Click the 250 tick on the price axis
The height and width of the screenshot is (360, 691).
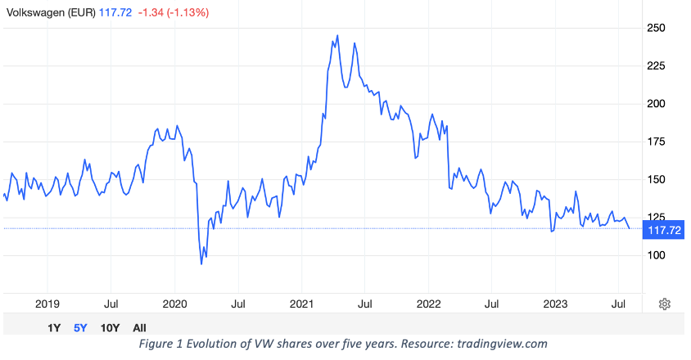(x=657, y=28)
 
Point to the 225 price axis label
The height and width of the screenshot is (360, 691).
(x=657, y=66)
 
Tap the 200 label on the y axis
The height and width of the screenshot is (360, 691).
(x=657, y=104)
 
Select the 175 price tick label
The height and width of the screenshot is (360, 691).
(x=657, y=142)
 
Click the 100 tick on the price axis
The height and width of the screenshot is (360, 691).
(x=657, y=255)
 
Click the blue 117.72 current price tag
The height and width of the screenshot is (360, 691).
(x=664, y=231)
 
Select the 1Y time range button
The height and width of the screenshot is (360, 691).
(x=54, y=327)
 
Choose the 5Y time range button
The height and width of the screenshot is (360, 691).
(x=80, y=327)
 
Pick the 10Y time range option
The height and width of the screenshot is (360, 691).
(x=110, y=327)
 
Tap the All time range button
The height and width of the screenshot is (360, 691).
(x=139, y=327)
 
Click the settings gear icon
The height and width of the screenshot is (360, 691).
(x=665, y=304)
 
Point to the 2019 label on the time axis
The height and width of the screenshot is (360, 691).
(x=47, y=304)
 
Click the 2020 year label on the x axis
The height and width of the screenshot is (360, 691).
(x=175, y=304)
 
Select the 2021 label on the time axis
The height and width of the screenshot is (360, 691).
(x=302, y=304)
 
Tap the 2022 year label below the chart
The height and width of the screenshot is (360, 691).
(x=429, y=304)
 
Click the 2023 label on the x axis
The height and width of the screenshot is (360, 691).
(x=555, y=304)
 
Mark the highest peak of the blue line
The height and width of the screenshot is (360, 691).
(x=338, y=36)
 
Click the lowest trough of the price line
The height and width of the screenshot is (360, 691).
(x=201, y=263)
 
